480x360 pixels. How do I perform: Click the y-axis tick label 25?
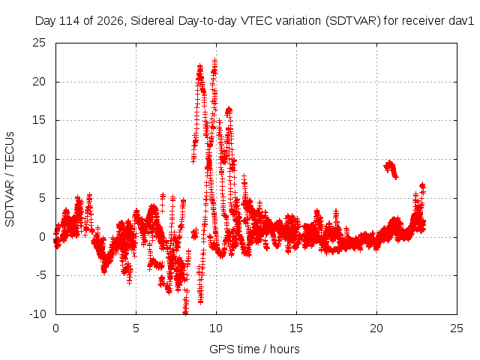(39, 43)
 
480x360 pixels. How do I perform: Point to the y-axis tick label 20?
(39, 82)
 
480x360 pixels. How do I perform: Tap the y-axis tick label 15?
(39, 120)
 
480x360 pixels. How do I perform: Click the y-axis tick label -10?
(38, 314)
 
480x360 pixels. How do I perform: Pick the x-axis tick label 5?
(136, 328)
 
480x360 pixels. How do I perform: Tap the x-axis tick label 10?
(216, 328)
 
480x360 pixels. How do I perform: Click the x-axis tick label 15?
(296, 328)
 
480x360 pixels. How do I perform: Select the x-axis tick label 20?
(376, 328)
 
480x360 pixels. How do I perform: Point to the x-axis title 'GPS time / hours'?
(254, 349)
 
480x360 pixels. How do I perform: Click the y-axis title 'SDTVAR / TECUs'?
(10, 179)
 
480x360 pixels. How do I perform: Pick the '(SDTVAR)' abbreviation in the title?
(353, 21)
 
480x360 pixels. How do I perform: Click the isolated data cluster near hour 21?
(390, 169)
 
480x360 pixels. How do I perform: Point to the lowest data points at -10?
(185, 311)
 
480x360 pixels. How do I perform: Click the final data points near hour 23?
(422, 187)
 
